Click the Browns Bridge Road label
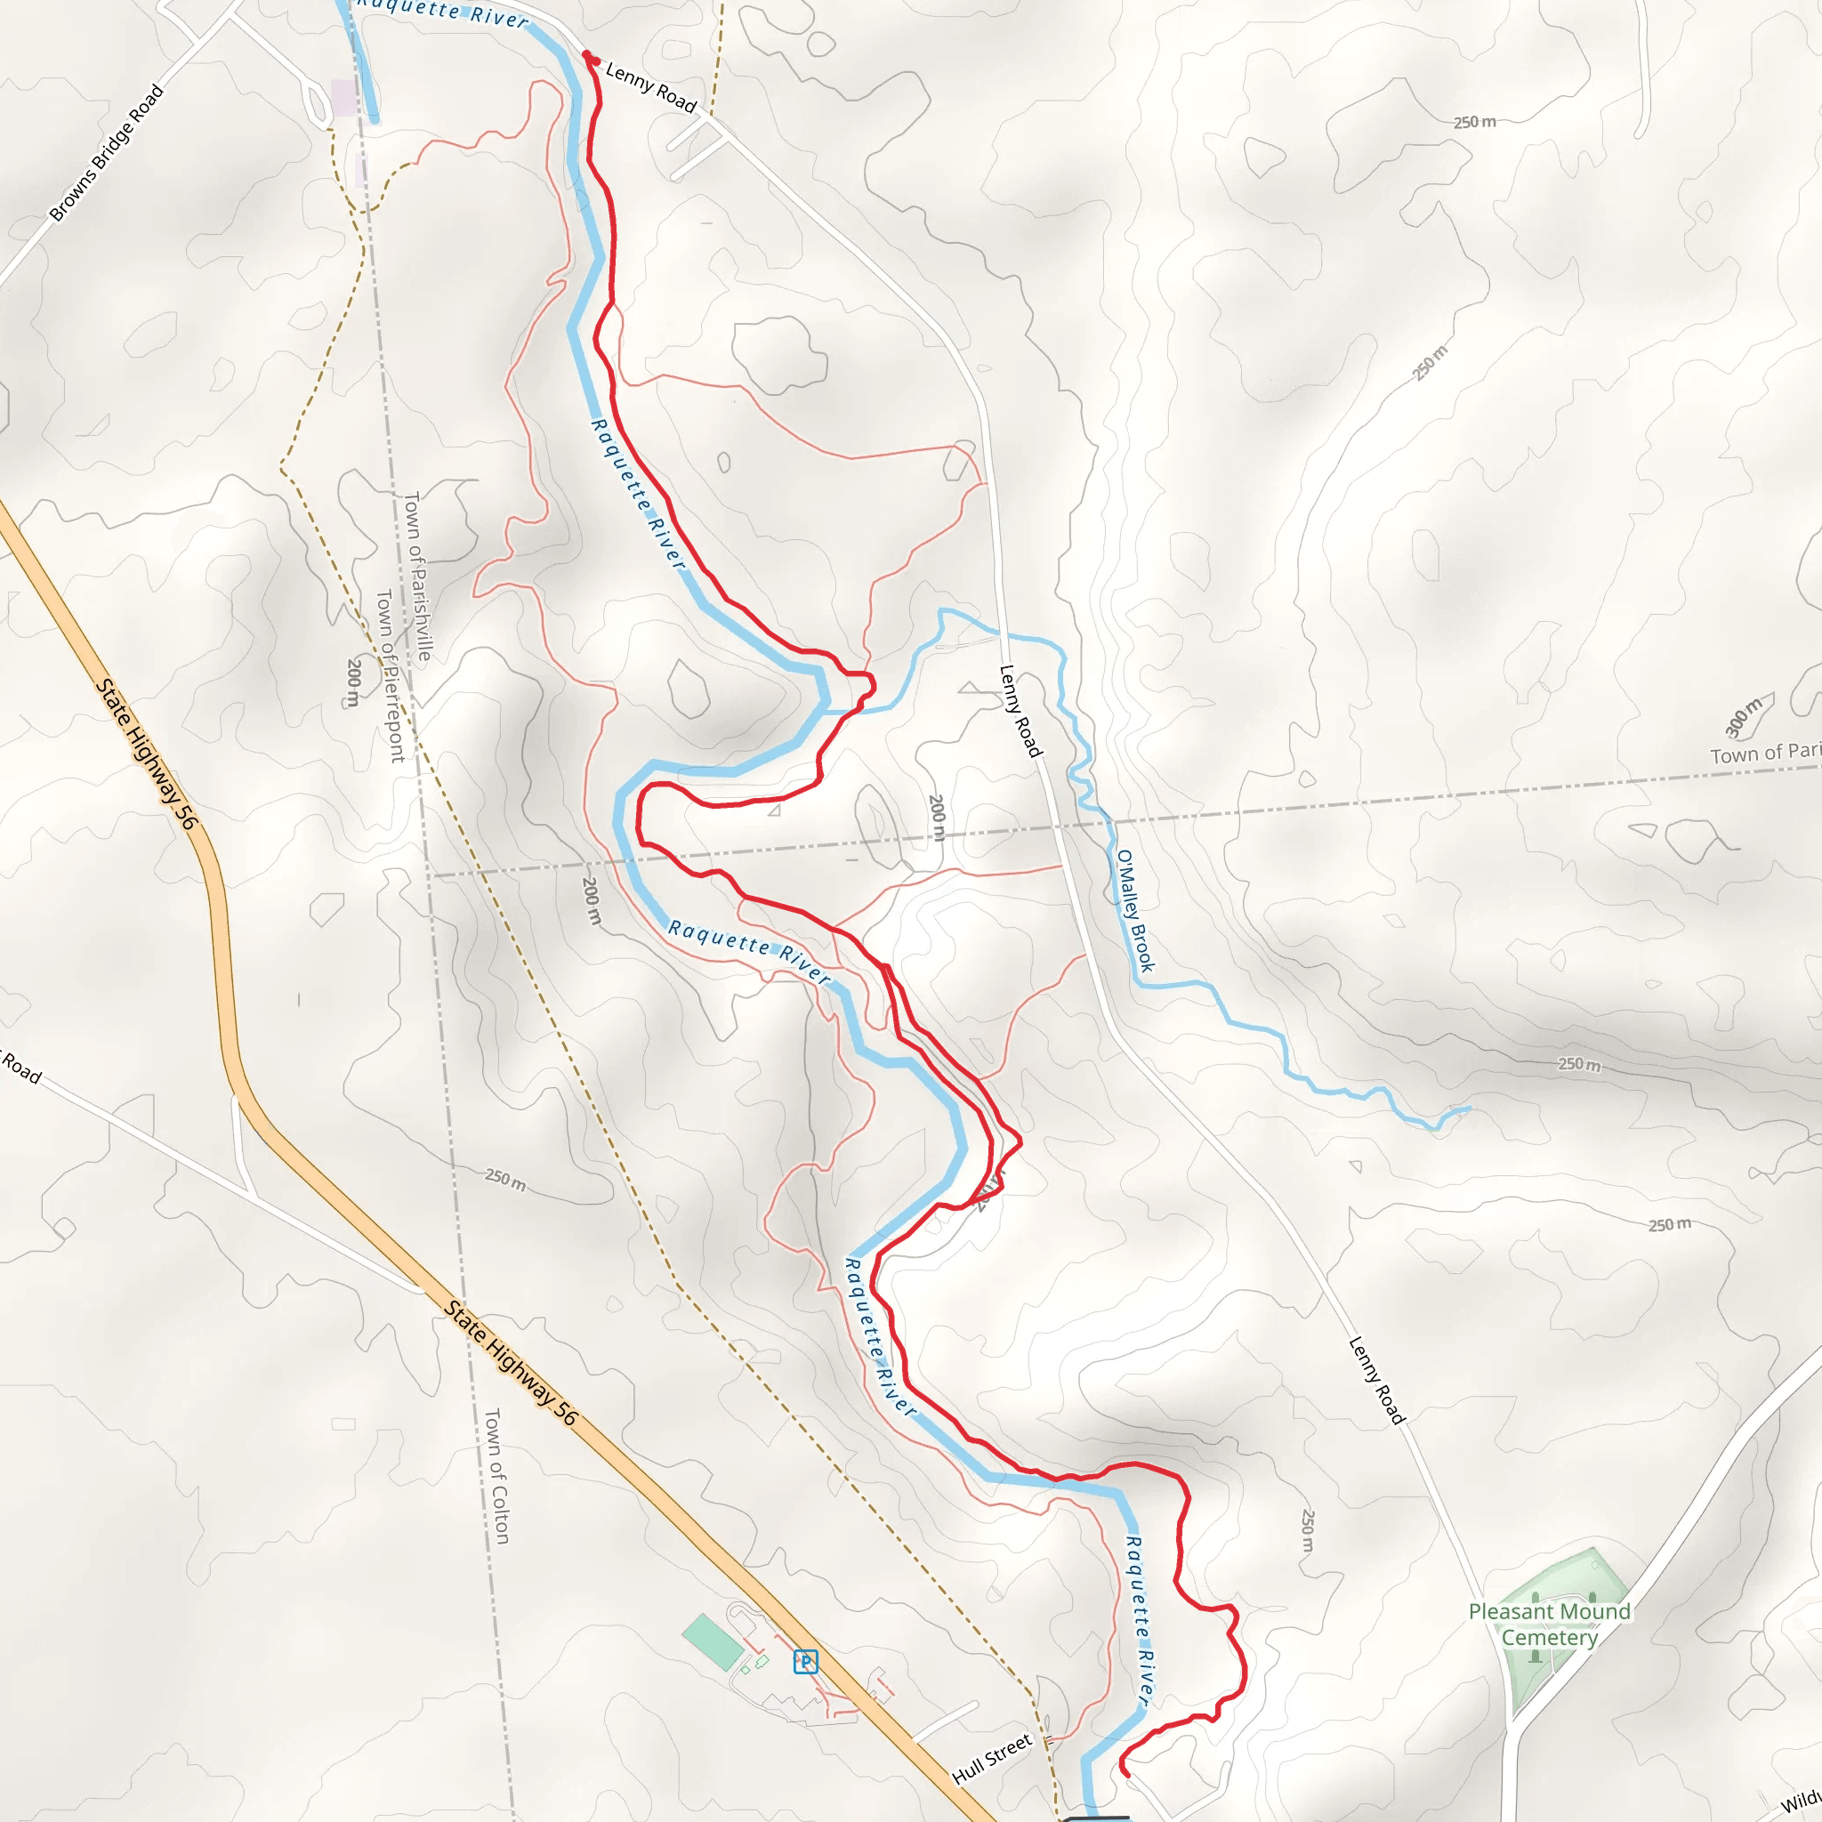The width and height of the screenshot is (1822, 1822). [107, 153]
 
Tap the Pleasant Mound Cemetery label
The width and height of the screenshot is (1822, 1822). [1549, 1624]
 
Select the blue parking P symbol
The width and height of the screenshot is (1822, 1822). [805, 1662]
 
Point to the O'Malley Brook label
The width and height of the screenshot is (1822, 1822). [1134, 910]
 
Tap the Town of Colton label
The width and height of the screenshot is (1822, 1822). [496, 1476]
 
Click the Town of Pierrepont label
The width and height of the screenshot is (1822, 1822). [390, 675]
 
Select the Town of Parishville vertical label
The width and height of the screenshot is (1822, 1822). [417, 576]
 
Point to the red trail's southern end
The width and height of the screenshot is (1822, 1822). [1126, 1774]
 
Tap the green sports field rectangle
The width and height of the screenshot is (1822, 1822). [713, 1642]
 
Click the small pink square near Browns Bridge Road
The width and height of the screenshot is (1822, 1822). [343, 96]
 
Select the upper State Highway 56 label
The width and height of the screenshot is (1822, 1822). [147, 754]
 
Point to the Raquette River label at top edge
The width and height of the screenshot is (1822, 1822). [443, 12]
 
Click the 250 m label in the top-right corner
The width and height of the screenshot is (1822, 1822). [1474, 122]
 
